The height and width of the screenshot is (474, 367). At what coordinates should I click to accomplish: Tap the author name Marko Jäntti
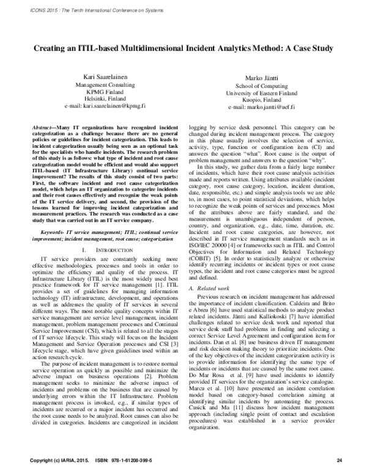pyautogui.click(x=261, y=79)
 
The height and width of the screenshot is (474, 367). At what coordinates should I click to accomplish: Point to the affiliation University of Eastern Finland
pyautogui.click(x=261, y=93)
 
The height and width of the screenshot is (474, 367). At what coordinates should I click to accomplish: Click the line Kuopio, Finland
pyautogui.click(x=261, y=100)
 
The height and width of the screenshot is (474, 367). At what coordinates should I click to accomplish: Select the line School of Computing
pyautogui.click(x=261, y=86)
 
